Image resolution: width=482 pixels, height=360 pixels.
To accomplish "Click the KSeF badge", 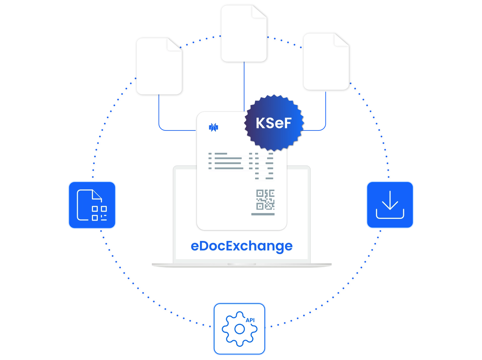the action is pyautogui.click(x=274, y=123).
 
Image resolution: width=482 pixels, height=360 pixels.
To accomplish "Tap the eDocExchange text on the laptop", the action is pyautogui.click(x=242, y=246).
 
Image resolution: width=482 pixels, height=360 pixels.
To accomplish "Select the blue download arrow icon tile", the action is pyautogui.click(x=390, y=204).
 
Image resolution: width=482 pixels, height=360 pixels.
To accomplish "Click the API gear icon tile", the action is pyautogui.click(x=239, y=329).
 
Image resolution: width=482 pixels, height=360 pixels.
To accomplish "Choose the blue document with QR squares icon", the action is pyautogui.click(x=92, y=205).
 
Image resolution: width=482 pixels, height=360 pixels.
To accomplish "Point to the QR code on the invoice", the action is pyautogui.click(x=265, y=200).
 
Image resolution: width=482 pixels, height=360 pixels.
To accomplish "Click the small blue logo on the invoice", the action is pyautogui.click(x=213, y=127).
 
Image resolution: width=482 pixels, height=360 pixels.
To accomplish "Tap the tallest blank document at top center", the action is pyautogui.click(x=244, y=33).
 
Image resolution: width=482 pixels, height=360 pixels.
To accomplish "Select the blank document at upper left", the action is pyautogui.click(x=159, y=66).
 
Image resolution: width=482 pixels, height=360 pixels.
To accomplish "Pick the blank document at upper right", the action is pyautogui.click(x=326, y=62).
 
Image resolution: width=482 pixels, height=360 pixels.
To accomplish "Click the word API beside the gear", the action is pyautogui.click(x=250, y=320).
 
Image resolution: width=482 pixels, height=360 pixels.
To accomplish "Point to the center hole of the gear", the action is pyautogui.click(x=239, y=329).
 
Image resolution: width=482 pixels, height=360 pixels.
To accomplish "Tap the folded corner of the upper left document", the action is pyautogui.click(x=174, y=44).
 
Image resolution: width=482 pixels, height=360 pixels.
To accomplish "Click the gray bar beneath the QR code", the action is pyautogui.click(x=263, y=214).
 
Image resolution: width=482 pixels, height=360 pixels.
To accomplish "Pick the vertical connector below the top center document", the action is pyautogui.click(x=244, y=87).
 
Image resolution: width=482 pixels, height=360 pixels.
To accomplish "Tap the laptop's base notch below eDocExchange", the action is pyautogui.click(x=242, y=264).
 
